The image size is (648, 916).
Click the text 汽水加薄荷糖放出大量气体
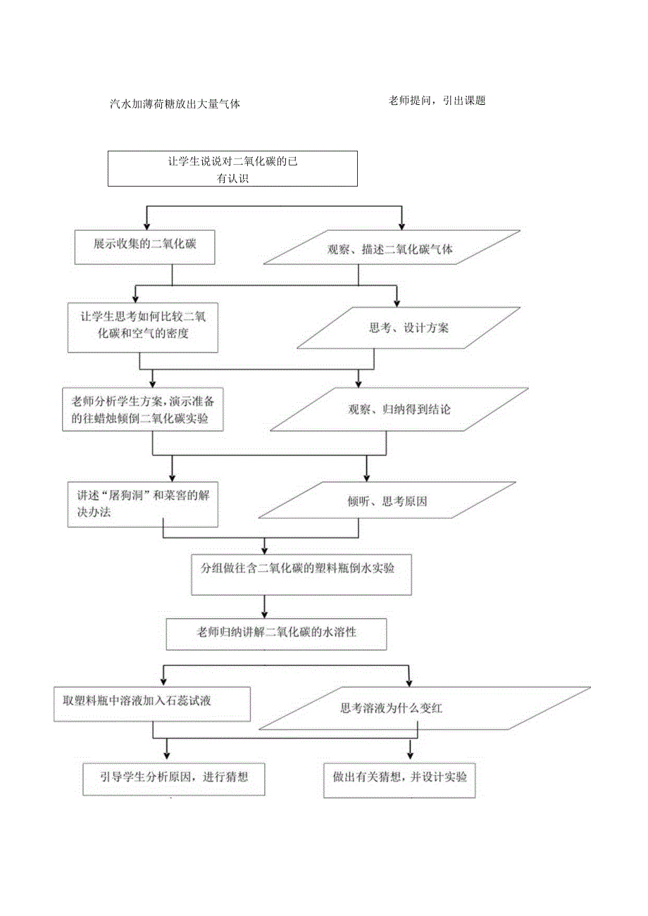(x=175, y=103)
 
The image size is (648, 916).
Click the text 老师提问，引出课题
(x=437, y=101)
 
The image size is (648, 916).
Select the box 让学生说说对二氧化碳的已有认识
(x=232, y=169)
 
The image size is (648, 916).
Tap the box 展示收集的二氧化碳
(x=144, y=246)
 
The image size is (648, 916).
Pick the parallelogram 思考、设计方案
(x=409, y=328)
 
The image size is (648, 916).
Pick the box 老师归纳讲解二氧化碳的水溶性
(x=276, y=634)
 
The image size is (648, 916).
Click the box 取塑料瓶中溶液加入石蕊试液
(x=152, y=702)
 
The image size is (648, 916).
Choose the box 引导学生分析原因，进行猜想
(x=173, y=778)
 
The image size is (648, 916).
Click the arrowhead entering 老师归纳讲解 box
(x=264, y=613)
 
